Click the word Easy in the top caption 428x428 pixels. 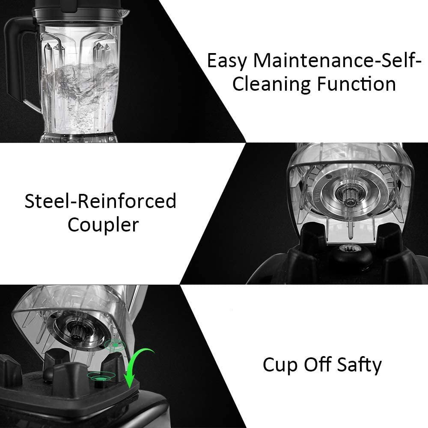[227, 61]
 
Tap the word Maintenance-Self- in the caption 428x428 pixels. [335, 61]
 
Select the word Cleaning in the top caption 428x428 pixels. [271, 84]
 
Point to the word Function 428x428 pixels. [356, 84]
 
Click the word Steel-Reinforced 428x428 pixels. [100, 201]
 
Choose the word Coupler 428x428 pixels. [103, 225]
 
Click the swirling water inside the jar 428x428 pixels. [81, 81]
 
